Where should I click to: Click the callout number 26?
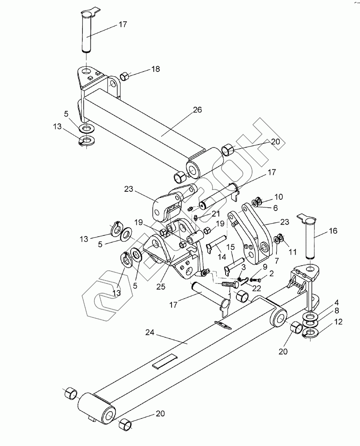(198, 110)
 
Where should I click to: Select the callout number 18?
(155, 69)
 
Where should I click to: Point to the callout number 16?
(332, 231)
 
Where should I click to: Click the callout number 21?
(216, 214)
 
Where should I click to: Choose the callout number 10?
(278, 197)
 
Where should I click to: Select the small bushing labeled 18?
(124, 76)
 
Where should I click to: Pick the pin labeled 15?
(235, 264)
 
